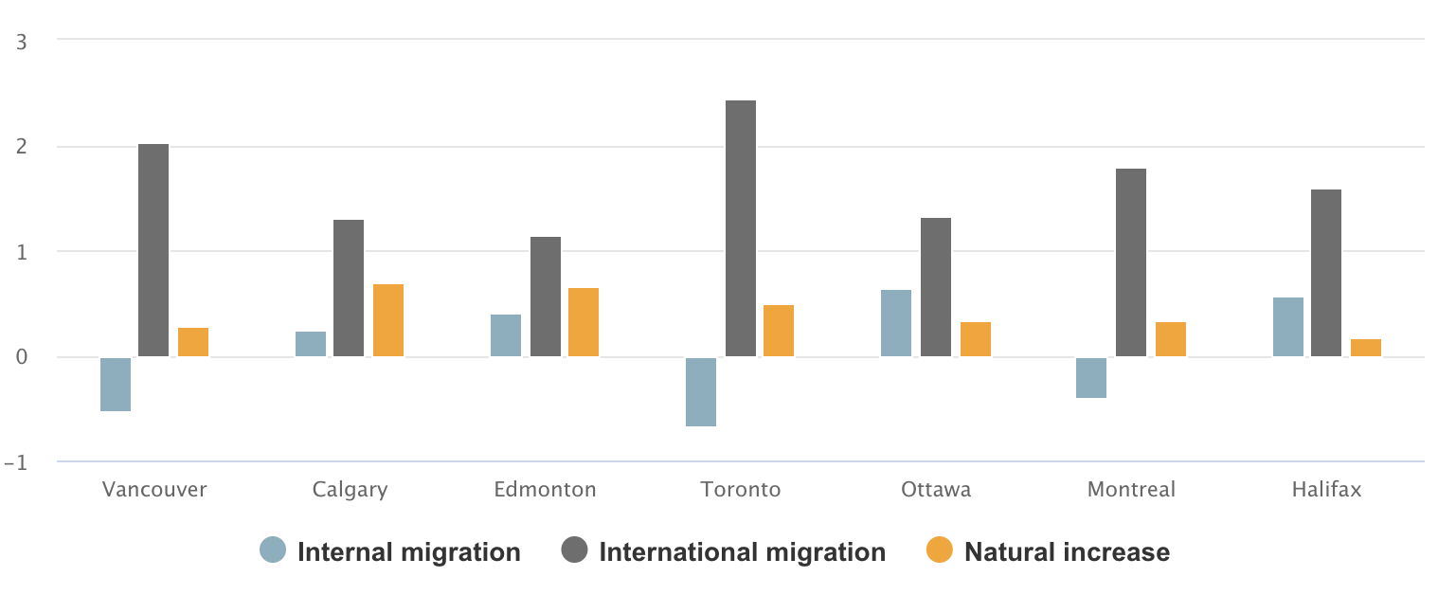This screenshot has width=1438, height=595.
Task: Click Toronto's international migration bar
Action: pos(741,228)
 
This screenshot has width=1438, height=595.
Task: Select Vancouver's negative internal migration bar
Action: pos(116,385)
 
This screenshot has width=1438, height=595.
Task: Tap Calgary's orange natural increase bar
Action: pos(388,320)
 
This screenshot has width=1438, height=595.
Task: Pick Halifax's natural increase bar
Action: pos(1366,348)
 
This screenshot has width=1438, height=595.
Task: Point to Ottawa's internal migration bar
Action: pos(896,323)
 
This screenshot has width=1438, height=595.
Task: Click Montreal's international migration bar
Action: pos(1131,262)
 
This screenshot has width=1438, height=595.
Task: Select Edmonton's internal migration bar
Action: pos(506,335)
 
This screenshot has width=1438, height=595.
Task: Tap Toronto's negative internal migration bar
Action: pos(701,392)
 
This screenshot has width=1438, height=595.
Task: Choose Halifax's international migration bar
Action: pos(1326,273)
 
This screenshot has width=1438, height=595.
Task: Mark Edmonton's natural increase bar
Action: pos(584,322)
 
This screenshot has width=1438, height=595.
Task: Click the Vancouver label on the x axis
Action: pos(154,490)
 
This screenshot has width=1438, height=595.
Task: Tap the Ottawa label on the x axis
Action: pos(936,490)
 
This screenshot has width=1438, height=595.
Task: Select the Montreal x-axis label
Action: pos(1131,490)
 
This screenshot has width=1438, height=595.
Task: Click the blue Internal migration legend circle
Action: pos(273,550)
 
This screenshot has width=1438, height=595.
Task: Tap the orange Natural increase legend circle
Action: pos(939,550)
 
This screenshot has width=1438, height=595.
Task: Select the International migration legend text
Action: pos(743,552)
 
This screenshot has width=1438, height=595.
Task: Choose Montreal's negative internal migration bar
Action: pos(1091,378)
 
